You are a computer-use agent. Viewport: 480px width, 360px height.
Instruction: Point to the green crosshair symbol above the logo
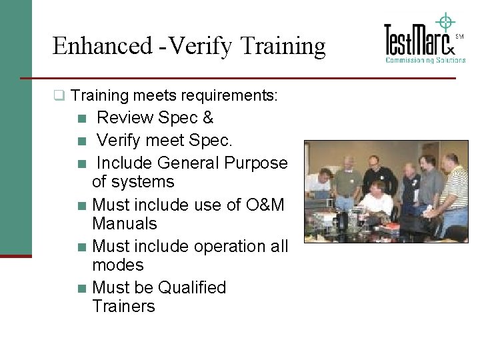point(445,21)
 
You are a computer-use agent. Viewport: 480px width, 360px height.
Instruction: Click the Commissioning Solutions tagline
point(425,61)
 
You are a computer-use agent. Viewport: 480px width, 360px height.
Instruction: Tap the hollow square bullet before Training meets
point(59,96)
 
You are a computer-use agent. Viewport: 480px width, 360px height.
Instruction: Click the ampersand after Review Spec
point(207,118)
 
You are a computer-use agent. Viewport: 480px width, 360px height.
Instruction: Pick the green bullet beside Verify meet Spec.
point(81,141)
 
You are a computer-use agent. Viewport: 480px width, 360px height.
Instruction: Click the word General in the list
point(189,163)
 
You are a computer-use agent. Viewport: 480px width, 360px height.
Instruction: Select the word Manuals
point(125,223)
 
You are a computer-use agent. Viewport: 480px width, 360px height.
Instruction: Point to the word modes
point(118,265)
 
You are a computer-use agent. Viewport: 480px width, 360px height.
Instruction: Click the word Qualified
point(192,287)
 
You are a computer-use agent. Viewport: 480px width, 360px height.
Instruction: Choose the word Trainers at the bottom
point(124,306)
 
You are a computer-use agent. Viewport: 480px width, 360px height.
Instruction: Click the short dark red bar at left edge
point(15,255)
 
